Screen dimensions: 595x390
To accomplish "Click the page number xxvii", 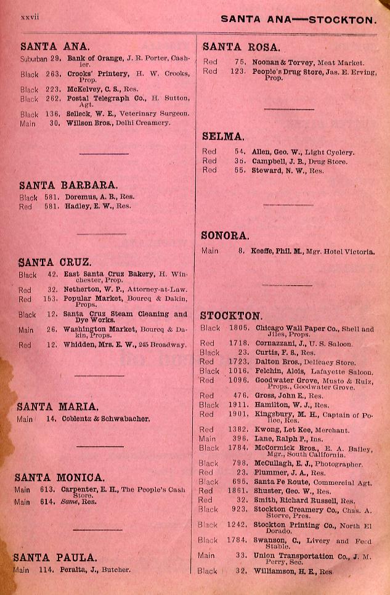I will coord(30,17).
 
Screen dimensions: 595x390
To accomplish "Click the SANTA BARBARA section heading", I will coord(68,185).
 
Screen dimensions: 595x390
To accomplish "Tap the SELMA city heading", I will coord(223,137).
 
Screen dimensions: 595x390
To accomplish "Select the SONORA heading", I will coord(225,235).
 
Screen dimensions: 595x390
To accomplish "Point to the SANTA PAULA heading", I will coord(55,557).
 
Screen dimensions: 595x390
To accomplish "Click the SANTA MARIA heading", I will coord(57,407).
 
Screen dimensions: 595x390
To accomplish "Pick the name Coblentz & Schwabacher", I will coord(105,419).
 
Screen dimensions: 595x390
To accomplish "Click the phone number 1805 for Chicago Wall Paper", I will coord(239,329).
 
